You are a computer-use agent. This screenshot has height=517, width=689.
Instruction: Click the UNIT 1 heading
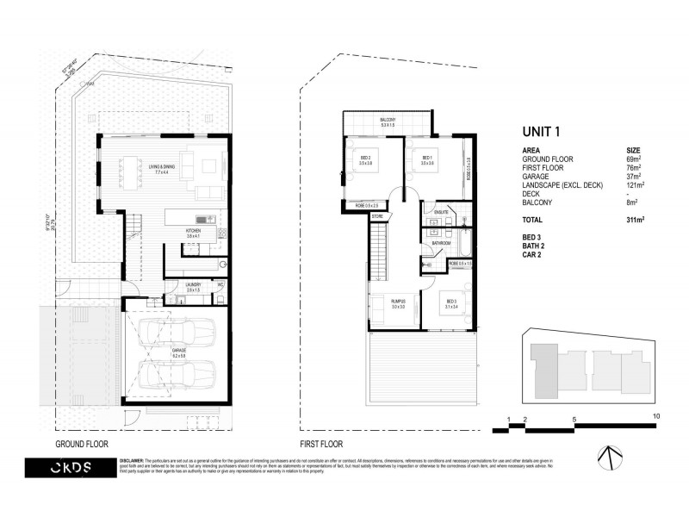pos(542,132)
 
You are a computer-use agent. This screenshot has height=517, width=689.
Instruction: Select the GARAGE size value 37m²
pos(634,178)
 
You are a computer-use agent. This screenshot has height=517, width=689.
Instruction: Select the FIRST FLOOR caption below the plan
pos(320,445)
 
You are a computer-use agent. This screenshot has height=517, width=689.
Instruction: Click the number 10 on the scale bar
pos(655,417)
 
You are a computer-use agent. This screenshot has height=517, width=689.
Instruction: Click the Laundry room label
pos(194,286)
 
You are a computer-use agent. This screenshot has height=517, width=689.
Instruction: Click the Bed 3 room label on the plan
pos(451,302)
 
